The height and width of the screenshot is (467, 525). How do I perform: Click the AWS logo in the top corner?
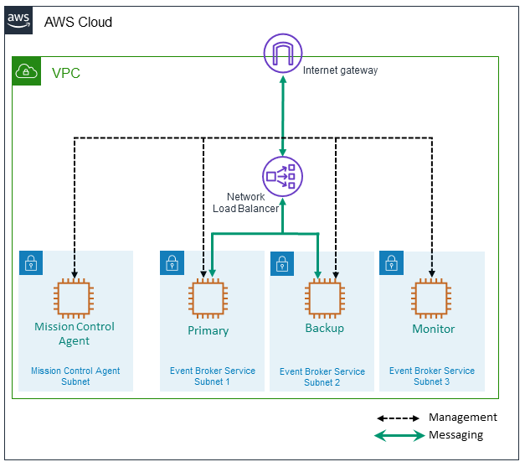tap(19, 21)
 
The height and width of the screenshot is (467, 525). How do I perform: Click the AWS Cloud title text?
tap(78, 22)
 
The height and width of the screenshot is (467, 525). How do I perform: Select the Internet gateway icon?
tap(282, 54)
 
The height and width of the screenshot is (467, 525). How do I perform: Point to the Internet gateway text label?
tap(340, 70)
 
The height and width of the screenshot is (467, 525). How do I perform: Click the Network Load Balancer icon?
tap(282, 176)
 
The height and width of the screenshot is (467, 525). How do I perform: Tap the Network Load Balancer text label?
tap(252, 202)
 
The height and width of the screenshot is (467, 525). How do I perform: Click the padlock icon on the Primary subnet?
tap(172, 262)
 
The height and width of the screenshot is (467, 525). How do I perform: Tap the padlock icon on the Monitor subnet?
tap(391, 262)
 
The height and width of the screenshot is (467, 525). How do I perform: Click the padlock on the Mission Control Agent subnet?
tap(31, 262)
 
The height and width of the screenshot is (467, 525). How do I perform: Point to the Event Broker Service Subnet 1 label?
tap(213, 376)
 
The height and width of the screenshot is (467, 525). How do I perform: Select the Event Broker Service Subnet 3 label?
tap(431, 376)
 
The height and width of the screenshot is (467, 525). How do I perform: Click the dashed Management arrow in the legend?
tap(399, 418)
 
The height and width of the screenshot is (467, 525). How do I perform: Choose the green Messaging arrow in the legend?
tap(399, 436)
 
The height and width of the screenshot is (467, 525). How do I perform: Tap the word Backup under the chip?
tap(324, 328)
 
